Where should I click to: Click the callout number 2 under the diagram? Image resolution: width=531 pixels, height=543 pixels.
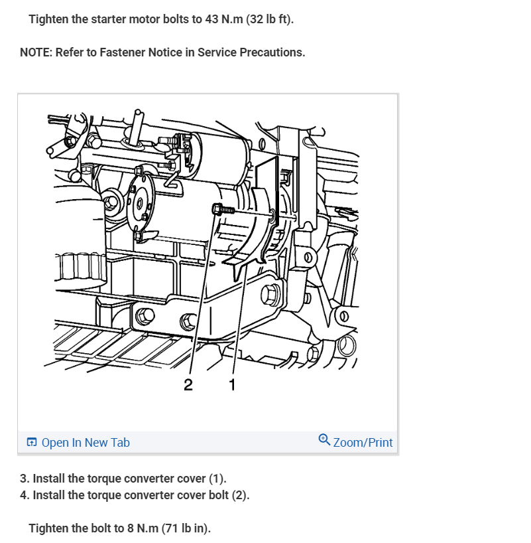point(188,385)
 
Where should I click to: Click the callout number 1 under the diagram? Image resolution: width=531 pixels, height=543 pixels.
point(233,385)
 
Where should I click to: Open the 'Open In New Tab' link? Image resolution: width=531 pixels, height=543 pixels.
point(86,443)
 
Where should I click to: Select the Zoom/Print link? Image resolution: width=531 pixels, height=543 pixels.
point(363,443)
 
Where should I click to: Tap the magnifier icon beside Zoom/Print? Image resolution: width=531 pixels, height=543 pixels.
point(324,440)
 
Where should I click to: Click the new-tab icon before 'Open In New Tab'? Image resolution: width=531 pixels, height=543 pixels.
point(31,442)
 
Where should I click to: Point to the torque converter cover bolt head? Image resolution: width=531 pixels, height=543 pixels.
point(217,209)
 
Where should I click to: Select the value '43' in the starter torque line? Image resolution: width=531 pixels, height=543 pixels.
point(211,19)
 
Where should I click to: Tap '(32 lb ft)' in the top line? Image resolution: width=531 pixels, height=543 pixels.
point(270,19)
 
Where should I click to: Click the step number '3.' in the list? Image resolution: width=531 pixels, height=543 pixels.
point(25,479)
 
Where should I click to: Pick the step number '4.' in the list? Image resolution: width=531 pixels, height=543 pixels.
point(25,495)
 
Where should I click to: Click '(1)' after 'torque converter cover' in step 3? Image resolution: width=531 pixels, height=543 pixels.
point(217,479)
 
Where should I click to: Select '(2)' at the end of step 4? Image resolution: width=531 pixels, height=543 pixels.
point(241,495)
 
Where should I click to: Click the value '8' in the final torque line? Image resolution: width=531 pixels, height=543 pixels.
point(131,528)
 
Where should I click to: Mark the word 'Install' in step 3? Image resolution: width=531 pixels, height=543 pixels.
point(49,479)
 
